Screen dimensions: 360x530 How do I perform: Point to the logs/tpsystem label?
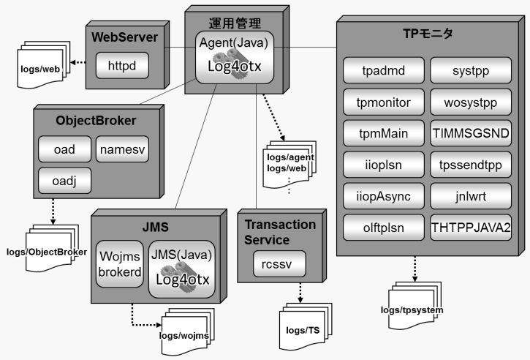coord(412,309)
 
